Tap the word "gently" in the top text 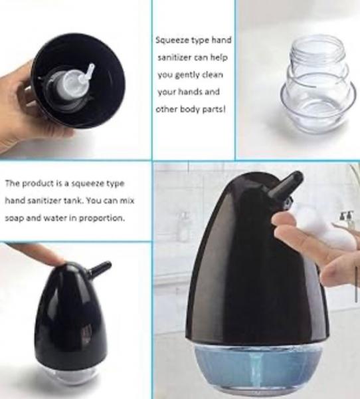click(x=186, y=74)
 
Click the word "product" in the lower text click(x=38, y=184)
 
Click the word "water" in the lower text click(x=54, y=218)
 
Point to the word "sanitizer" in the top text click(x=174, y=58)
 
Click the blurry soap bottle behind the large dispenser click(x=183, y=227)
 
